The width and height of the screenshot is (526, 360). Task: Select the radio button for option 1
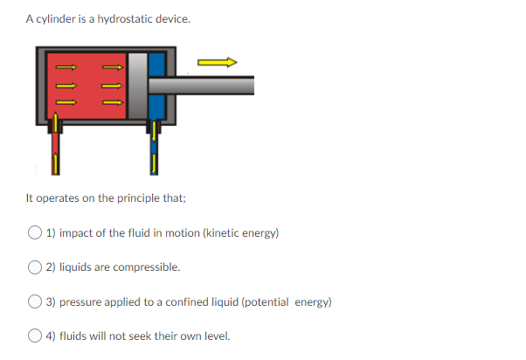[34, 233]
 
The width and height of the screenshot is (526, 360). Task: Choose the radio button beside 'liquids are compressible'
[34, 267]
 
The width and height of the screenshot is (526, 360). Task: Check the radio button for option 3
[34, 301]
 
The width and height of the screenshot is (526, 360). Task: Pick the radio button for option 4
[34, 336]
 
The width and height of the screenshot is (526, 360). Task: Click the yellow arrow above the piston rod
[217, 62]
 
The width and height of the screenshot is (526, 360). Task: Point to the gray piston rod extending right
[210, 84]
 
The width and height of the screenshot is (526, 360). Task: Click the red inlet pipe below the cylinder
[55, 149]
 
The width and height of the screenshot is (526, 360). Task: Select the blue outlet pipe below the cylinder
[154, 149]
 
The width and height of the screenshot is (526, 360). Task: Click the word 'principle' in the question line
[137, 198]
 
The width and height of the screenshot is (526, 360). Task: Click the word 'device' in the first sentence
[171, 18]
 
